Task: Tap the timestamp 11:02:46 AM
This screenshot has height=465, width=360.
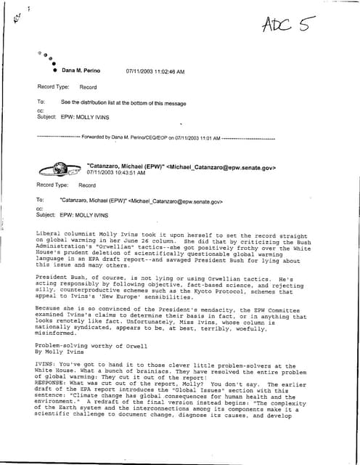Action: point(167,72)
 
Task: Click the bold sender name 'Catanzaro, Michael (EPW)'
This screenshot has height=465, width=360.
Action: point(124,166)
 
